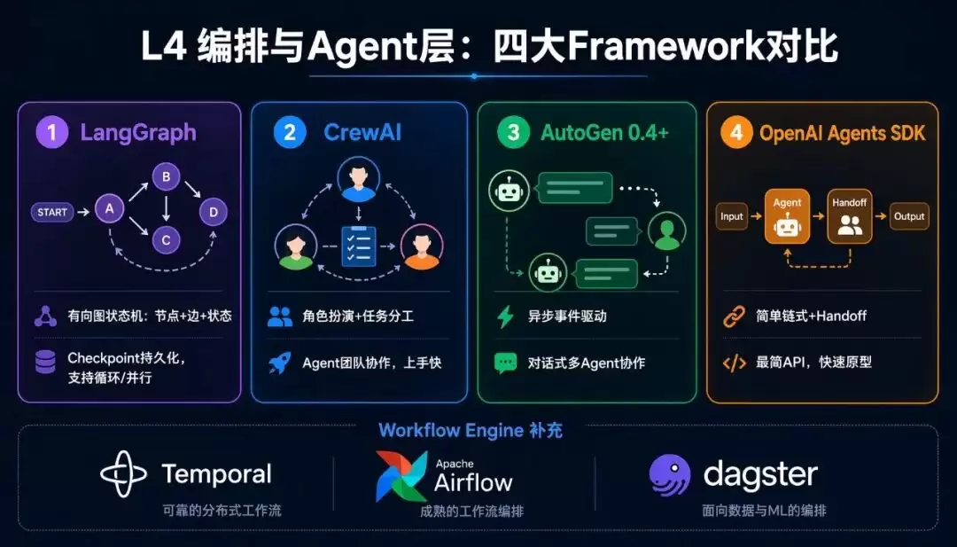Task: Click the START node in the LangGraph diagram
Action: coord(52,213)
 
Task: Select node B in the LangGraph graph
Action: coord(166,177)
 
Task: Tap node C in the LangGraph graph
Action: coord(166,240)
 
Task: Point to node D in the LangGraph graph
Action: coord(214,212)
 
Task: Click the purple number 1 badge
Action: coord(52,133)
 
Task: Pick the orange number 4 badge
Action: coord(736,133)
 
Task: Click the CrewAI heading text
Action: coord(362,132)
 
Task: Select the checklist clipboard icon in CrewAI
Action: coord(358,246)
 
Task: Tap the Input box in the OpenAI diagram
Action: coord(732,216)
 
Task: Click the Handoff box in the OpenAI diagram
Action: coord(850,216)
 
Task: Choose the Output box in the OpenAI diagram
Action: coord(909,216)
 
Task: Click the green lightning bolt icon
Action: coord(505,316)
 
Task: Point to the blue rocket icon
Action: coord(279,363)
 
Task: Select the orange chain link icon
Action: coord(735,316)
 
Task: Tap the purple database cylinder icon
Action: coord(45,362)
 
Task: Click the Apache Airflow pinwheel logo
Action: coord(401,476)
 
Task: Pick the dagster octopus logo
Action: coord(670,475)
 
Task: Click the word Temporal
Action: coord(217,474)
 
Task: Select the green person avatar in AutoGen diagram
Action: coord(667,231)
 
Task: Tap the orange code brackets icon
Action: coord(735,363)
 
